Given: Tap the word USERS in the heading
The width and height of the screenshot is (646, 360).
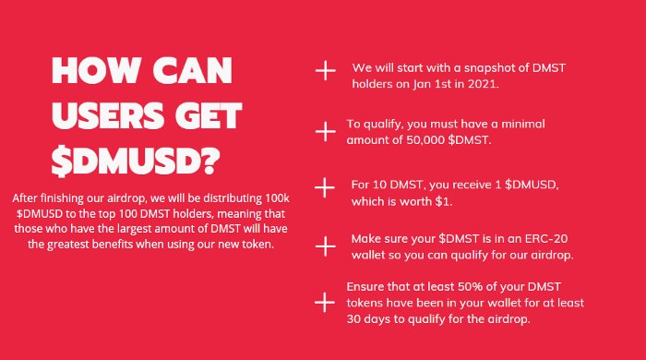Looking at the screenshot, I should pos(103,115).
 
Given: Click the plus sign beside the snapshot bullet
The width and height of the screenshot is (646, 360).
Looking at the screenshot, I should pos(325,72).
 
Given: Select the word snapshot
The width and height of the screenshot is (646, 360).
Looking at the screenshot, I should pos(480,67).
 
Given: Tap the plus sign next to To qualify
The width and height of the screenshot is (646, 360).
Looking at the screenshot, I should pos(325,130).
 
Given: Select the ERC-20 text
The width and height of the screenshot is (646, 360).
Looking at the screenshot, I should pos(505,238).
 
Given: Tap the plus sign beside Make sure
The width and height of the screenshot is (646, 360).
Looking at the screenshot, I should pos(325,246).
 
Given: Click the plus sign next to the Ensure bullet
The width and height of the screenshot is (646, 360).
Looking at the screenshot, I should pos(325,302).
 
